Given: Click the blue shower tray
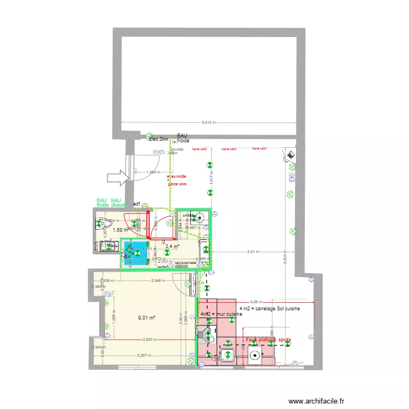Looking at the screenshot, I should click(x=135, y=254).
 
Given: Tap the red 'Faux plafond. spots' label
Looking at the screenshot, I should click(x=268, y=340).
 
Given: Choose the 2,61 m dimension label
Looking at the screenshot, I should click(x=252, y=252).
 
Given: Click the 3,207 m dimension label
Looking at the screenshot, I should click(x=145, y=356).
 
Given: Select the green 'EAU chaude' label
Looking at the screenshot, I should click(x=118, y=203).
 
